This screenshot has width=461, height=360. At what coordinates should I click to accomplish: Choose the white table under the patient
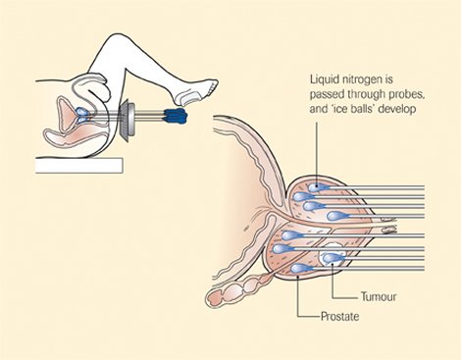tap(77, 165)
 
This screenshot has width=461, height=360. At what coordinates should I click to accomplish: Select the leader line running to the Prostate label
tap(298, 299)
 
